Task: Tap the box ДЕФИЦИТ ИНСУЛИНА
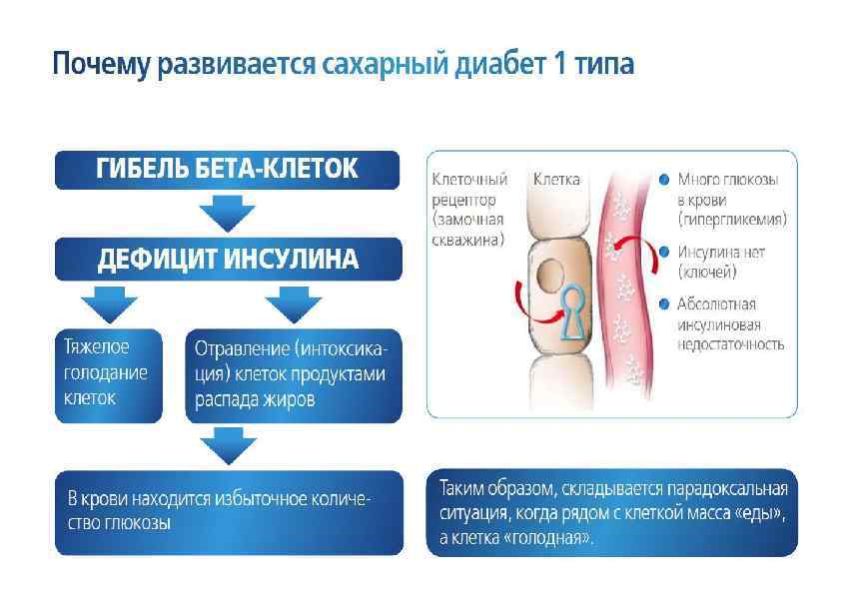227,259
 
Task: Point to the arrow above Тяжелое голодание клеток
106,302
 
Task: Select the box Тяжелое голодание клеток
108,371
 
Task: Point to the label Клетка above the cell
556,180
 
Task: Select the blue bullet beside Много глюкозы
664,181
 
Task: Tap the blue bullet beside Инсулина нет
664,253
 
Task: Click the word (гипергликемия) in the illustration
732,218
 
